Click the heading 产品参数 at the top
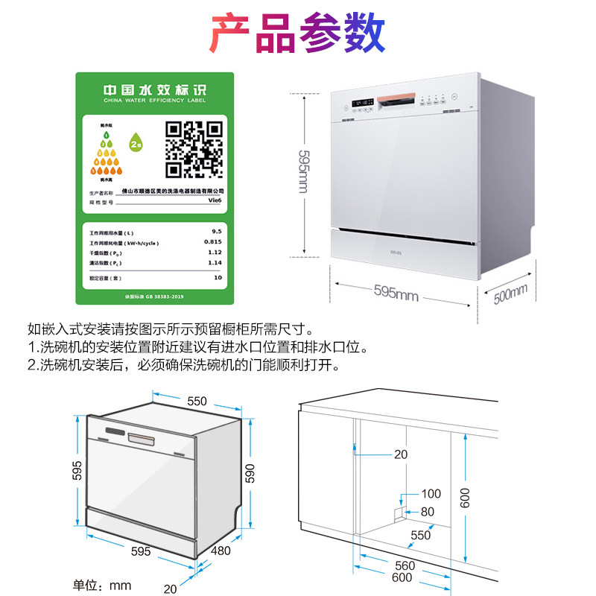[298, 31]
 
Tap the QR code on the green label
[194, 148]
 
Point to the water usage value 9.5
[217, 232]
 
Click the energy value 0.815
[213, 242]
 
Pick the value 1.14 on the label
[215, 262]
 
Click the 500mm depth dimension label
[510, 294]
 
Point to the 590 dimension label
[250, 473]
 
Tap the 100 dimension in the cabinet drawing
[431, 493]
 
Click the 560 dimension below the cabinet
[405, 566]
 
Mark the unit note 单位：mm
[102, 586]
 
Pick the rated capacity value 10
[218, 277]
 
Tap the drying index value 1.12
[215, 252]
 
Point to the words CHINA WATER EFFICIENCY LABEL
[155, 103]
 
